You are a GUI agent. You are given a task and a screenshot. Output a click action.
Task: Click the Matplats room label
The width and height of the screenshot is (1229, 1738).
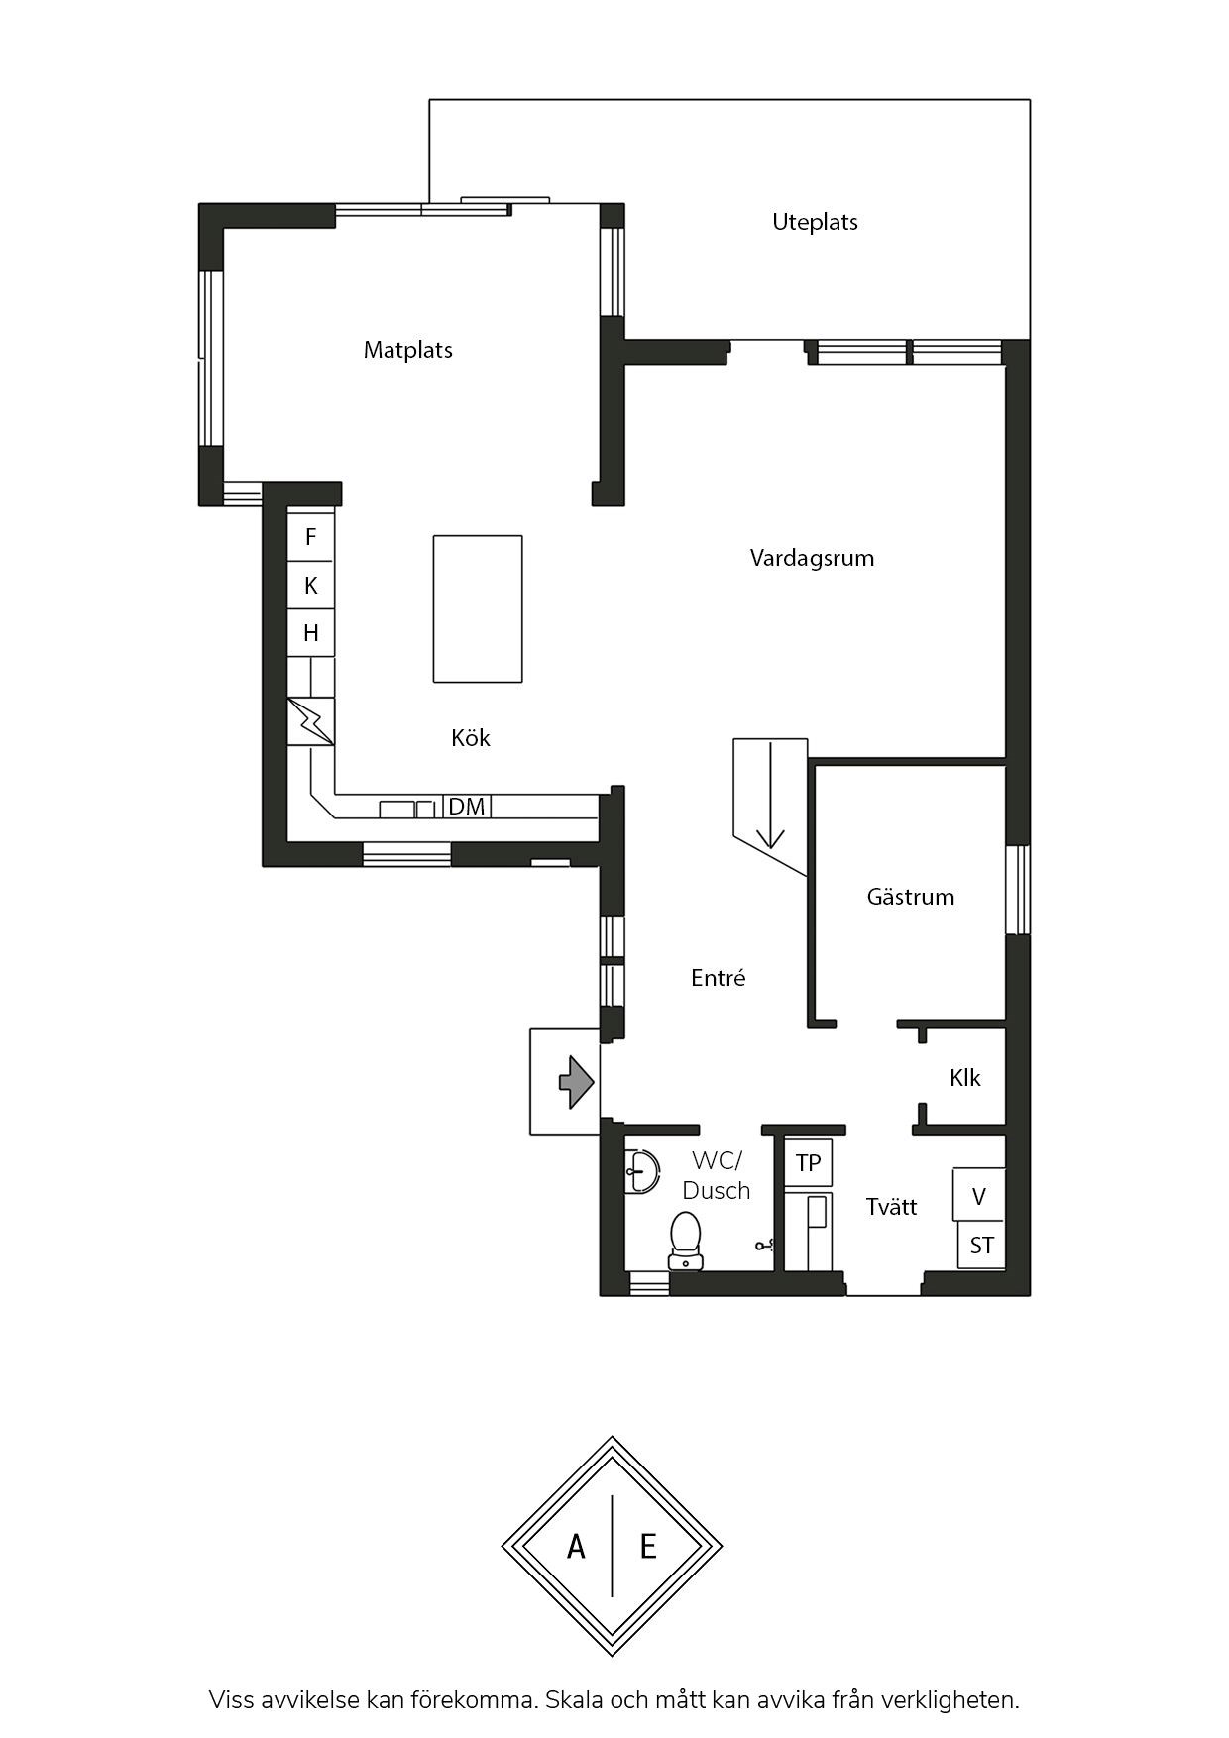pos(407,350)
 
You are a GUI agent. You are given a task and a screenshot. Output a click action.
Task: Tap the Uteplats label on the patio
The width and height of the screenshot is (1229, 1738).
pos(815,222)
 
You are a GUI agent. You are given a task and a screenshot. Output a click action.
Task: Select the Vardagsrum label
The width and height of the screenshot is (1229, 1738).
pos(812,558)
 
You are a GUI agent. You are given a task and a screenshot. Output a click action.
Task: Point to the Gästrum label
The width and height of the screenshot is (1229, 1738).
pos(910,897)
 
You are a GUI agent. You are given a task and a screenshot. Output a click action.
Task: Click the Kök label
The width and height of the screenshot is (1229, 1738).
pos(470,738)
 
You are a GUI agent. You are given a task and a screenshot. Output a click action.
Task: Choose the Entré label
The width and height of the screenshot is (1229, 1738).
pos(718,978)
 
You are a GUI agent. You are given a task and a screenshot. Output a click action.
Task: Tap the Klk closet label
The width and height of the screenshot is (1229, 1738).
pos(964,1078)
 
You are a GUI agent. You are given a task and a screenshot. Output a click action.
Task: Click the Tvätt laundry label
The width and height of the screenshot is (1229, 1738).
pos(891,1207)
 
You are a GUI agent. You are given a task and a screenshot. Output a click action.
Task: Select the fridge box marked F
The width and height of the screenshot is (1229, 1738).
pos(310,537)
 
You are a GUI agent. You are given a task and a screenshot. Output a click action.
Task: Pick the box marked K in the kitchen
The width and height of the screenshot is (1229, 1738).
pos(310,585)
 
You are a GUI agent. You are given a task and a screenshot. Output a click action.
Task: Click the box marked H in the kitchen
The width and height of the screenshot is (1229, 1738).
pos(310,632)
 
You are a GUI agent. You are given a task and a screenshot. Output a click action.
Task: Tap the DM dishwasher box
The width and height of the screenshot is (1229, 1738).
pos(467,807)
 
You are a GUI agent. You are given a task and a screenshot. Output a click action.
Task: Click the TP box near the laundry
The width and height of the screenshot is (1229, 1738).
pos(808,1162)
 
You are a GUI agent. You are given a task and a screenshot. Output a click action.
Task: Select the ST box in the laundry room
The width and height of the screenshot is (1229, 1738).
pos(981,1246)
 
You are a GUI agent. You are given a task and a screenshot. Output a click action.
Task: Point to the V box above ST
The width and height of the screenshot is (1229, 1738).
pos(979,1196)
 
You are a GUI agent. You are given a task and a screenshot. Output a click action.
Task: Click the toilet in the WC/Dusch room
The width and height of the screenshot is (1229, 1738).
pos(685,1242)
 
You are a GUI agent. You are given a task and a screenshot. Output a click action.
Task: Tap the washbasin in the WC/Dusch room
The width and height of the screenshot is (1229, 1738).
pos(641,1172)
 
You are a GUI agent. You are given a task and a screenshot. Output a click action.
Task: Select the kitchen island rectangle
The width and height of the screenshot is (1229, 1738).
pos(478,609)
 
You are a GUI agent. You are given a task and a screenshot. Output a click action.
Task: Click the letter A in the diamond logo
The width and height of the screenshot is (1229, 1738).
pos(576,1546)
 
